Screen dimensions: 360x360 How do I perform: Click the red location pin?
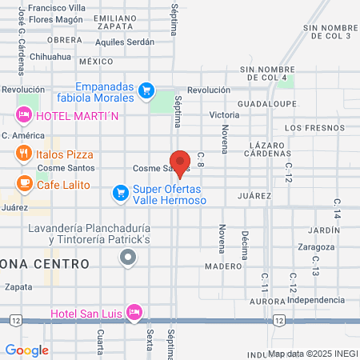coord(180,162)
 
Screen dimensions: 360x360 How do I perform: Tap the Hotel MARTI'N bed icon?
coord(24,114)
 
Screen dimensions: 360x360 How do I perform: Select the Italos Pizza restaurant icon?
coord(25,154)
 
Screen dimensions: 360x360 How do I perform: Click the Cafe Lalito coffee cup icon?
coord(25,183)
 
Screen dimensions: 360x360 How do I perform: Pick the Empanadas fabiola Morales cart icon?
coord(146,90)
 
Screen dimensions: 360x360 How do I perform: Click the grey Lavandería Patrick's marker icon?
coord(127,257)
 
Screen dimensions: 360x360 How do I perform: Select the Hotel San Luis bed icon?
coord(134,311)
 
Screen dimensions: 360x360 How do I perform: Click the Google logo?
coord(26,350)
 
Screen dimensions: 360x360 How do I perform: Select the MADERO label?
coord(222,266)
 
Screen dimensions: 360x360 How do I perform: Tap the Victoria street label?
coord(224,115)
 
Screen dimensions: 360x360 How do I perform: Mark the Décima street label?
coord(245,244)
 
